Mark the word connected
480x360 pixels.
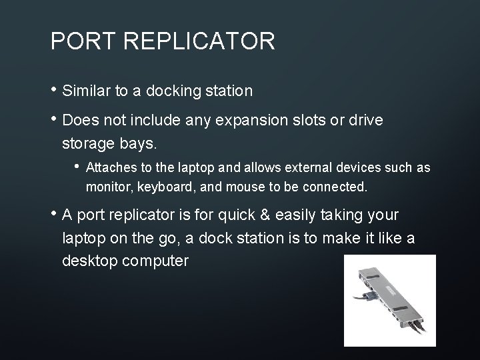click(x=334, y=187)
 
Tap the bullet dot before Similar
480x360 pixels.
click(x=54, y=89)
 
